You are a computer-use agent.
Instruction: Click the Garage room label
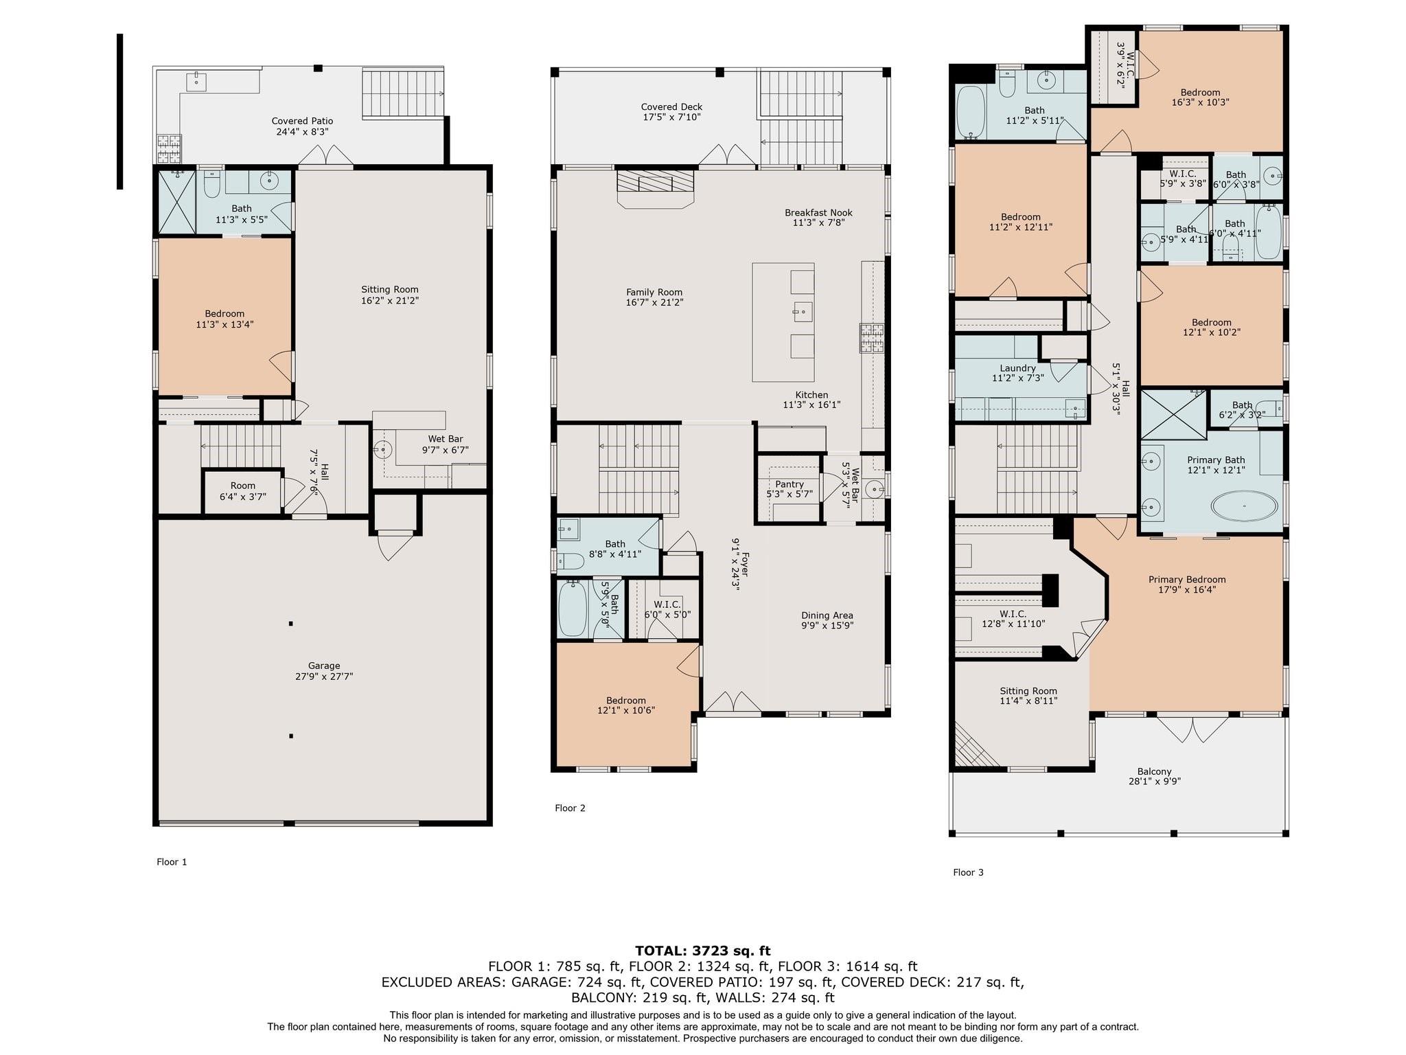323,670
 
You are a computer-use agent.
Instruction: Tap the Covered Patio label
302,126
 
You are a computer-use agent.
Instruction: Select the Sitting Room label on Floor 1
390,295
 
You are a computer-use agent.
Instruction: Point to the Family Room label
654,297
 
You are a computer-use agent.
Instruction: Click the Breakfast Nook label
818,217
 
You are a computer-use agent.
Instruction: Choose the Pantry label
790,488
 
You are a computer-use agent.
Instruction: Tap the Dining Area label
827,620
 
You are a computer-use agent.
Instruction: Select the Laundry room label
1017,373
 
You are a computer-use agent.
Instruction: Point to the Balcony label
1154,776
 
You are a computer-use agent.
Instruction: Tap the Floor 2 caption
570,808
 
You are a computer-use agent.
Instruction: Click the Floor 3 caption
968,872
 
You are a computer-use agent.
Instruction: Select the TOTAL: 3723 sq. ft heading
702,951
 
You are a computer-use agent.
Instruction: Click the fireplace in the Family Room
655,188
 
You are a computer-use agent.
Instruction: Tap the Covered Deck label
671,112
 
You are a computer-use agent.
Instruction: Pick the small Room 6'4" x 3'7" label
243,490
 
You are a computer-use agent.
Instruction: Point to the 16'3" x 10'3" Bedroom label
1200,98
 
